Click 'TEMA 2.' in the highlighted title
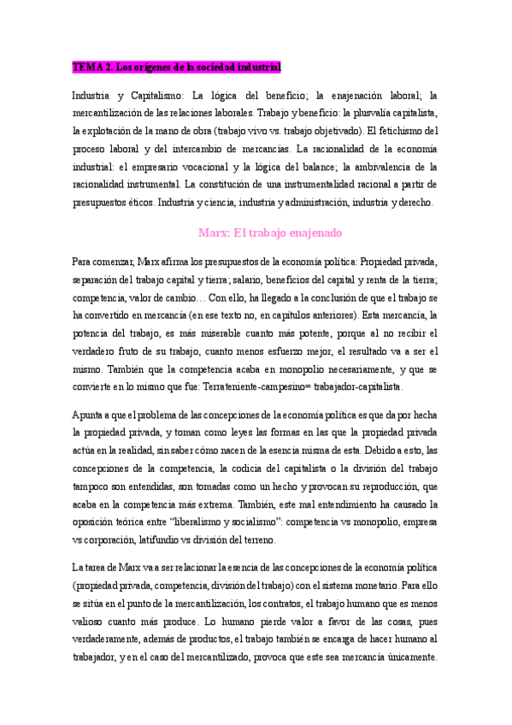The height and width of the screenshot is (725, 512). point(91,67)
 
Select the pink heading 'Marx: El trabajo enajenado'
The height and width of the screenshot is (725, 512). point(271,233)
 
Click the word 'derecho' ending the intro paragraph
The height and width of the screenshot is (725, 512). point(413,203)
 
